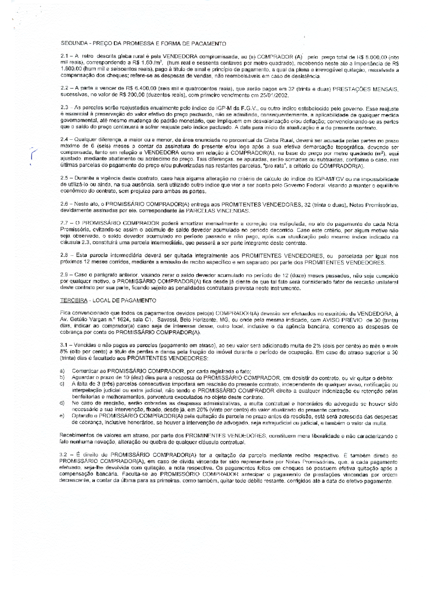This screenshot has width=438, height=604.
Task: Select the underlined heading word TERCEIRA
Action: click(x=74, y=300)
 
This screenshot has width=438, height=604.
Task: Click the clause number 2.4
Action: click(x=64, y=139)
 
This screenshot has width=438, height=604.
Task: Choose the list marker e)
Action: click(x=62, y=416)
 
